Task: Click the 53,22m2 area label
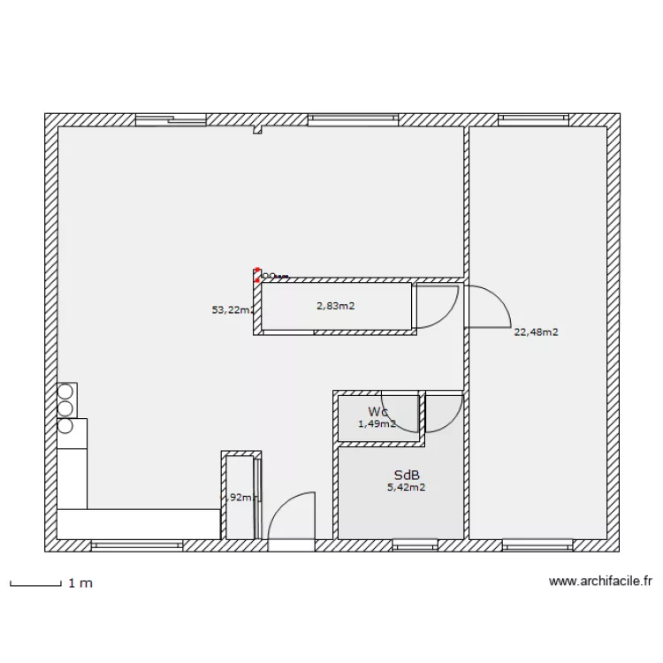pyautogui.click(x=232, y=310)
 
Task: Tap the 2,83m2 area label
pyautogui.click(x=335, y=307)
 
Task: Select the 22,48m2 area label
pyautogui.click(x=536, y=332)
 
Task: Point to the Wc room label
pyautogui.click(x=377, y=412)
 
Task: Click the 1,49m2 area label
pyautogui.click(x=376, y=424)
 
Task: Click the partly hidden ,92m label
pyautogui.click(x=240, y=498)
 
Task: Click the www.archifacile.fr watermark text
pyautogui.click(x=600, y=582)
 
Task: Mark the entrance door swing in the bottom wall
pyautogui.click(x=290, y=517)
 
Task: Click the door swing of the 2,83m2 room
pyautogui.click(x=436, y=306)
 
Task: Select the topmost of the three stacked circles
pyautogui.click(x=65, y=391)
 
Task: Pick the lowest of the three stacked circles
pyautogui.click(x=65, y=426)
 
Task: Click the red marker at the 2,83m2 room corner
pyautogui.click(x=257, y=272)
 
